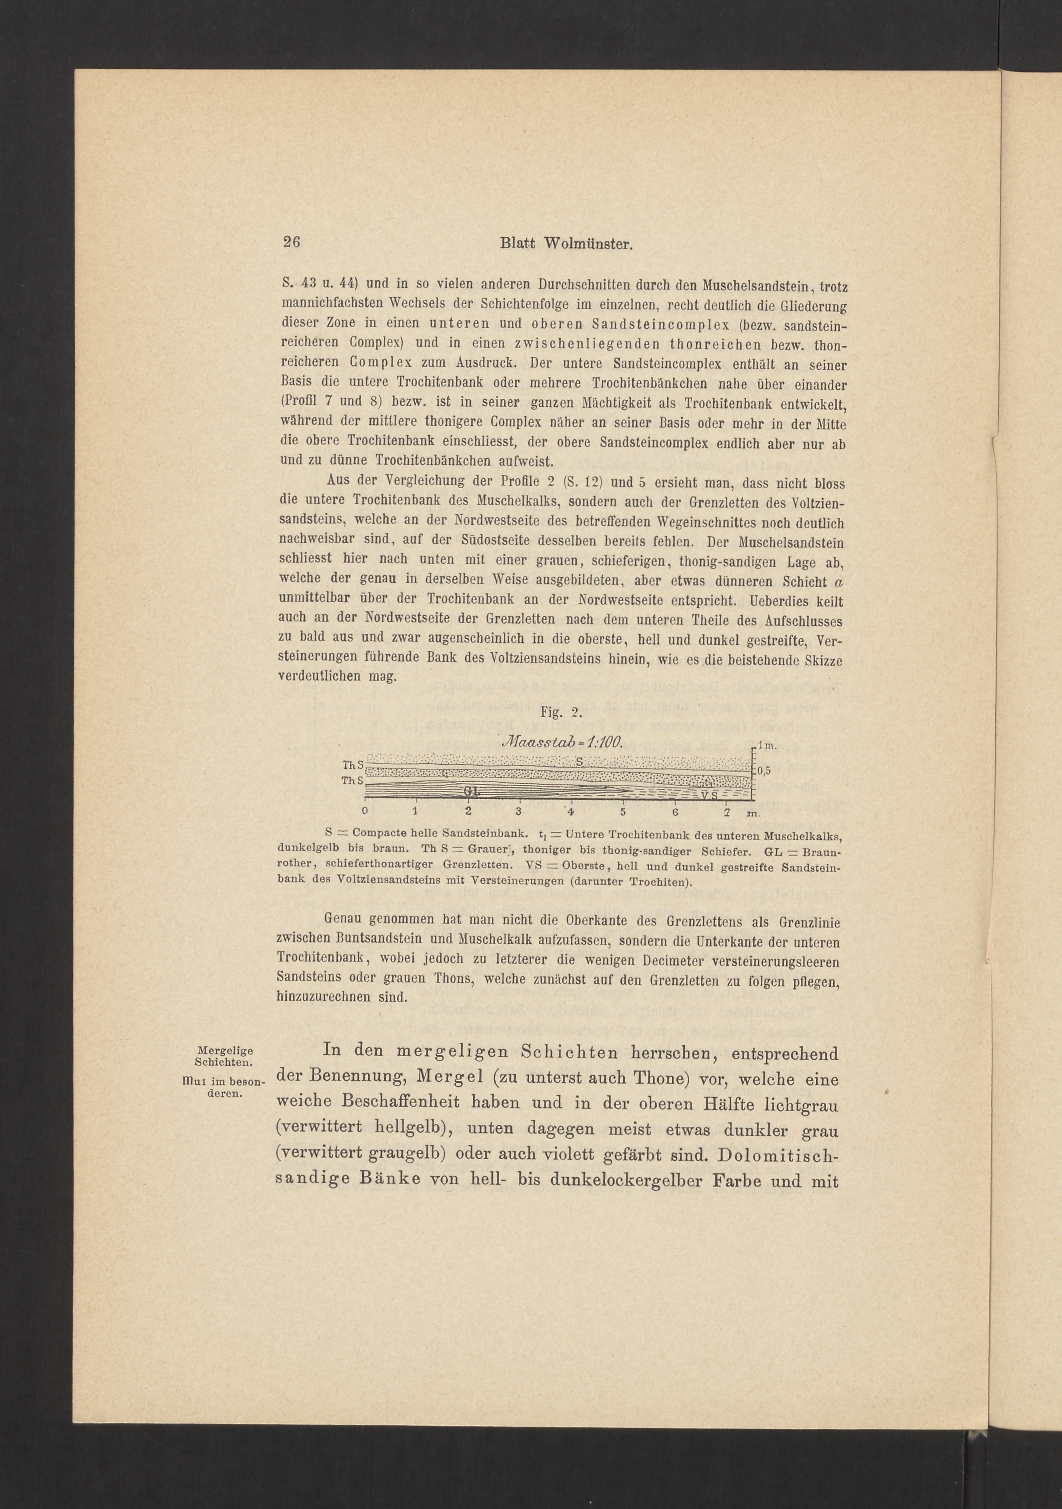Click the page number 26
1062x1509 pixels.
click(x=291, y=242)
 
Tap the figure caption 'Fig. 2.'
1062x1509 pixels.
click(x=557, y=712)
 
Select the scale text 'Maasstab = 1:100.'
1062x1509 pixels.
click(x=562, y=741)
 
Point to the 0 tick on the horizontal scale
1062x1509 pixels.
click(x=365, y=810)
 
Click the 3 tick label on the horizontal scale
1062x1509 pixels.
click(x=519, y=810)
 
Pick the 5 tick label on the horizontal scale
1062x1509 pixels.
click(x=622, y=810)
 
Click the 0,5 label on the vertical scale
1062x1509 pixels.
click(x=764, y=771)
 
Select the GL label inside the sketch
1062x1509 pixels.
click(x=471, y=791)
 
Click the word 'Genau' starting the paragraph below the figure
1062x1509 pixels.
click(x=345, y=923)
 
